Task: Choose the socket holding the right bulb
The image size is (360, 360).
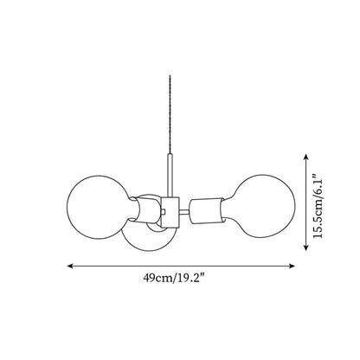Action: (206, 211)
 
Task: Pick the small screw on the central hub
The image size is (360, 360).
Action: (164, 212)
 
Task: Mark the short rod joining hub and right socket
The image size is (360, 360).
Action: (184, 212)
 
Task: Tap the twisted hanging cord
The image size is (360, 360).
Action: (170, 115)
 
